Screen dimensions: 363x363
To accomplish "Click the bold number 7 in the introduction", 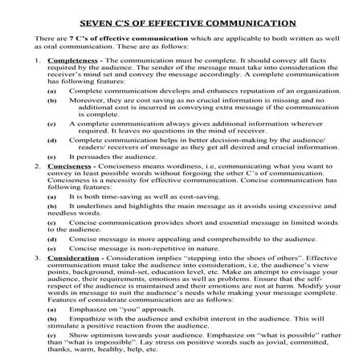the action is click(x=73, y=37).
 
